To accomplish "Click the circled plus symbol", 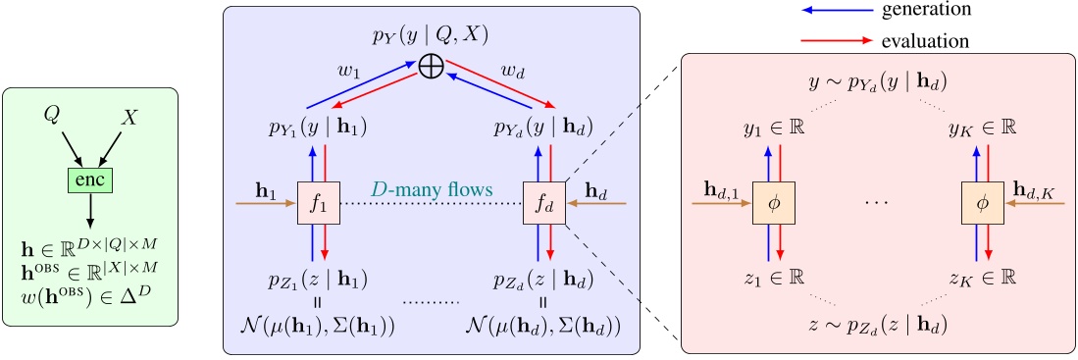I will tap(430, 68).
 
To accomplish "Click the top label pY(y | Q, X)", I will tap(430, 36).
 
